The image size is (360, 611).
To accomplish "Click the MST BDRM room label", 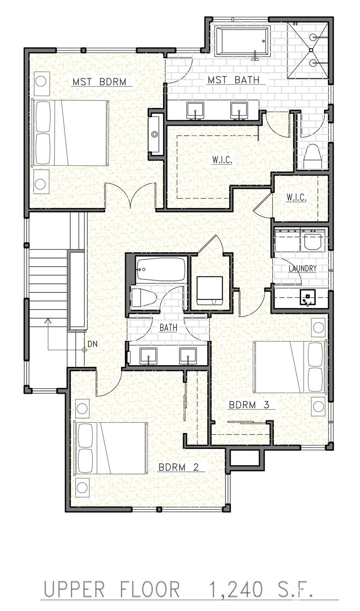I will click(x=99, y=82).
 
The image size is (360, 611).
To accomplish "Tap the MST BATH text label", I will click(x=233, y=80).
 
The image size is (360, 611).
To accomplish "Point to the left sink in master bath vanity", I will click(x=195, y=110).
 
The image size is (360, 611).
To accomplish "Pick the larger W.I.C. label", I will click(x=222, y=160).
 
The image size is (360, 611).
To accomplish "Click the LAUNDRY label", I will click(x=302, y=269).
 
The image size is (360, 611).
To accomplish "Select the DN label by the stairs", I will click(x=92, y=344).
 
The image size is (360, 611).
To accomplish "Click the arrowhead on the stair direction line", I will click(x=48, y=321).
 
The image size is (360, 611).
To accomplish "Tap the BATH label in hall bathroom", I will click(x=168, y=328).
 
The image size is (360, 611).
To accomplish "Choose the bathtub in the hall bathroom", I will click(x=161, y=269).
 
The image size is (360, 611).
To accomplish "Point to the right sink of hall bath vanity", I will click(x=188, y=356).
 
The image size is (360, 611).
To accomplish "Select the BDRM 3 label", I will click(x=249, y=405).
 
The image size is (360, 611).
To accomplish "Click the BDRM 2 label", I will click(x=179, y=467).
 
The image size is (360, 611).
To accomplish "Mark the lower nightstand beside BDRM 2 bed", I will click(x=82, y=487).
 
